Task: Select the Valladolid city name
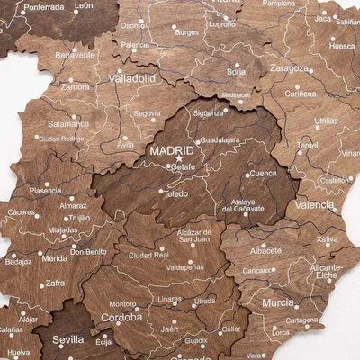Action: click(131, 78)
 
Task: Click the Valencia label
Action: click(314, 204)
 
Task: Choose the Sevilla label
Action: click(68, 340)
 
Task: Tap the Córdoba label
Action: click(121, 318)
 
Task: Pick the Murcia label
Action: click(278, 303)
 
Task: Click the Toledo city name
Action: click(176, 193)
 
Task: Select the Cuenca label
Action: click(263, 174)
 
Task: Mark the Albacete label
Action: click(265, 250)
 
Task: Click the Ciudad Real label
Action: click(149, 255)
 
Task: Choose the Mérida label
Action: click(54, 258)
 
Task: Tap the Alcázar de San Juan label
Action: click(177, 237)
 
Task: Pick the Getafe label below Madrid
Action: click(183, 167)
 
